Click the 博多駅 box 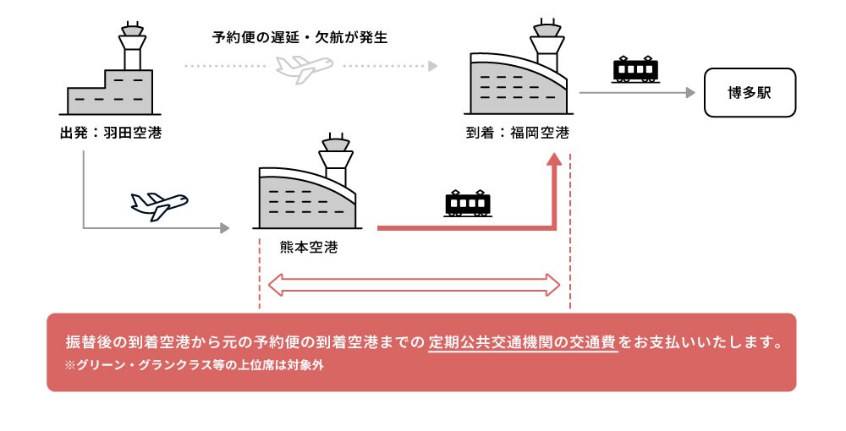[x=750, y=93]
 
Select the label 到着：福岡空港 [x=517, y=133]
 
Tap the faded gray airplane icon [x=304, y=68]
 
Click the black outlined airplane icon [x=159, y=204]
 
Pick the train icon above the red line [x=467, y=204]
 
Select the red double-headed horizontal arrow [x=415, y=285]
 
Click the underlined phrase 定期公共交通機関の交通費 [x=522, y=344]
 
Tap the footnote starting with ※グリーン [x=195, y=365]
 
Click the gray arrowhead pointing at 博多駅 [x=689, y=93]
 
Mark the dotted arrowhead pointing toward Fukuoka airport [x=432, y=65]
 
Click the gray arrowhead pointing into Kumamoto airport [x=224, y=227]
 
